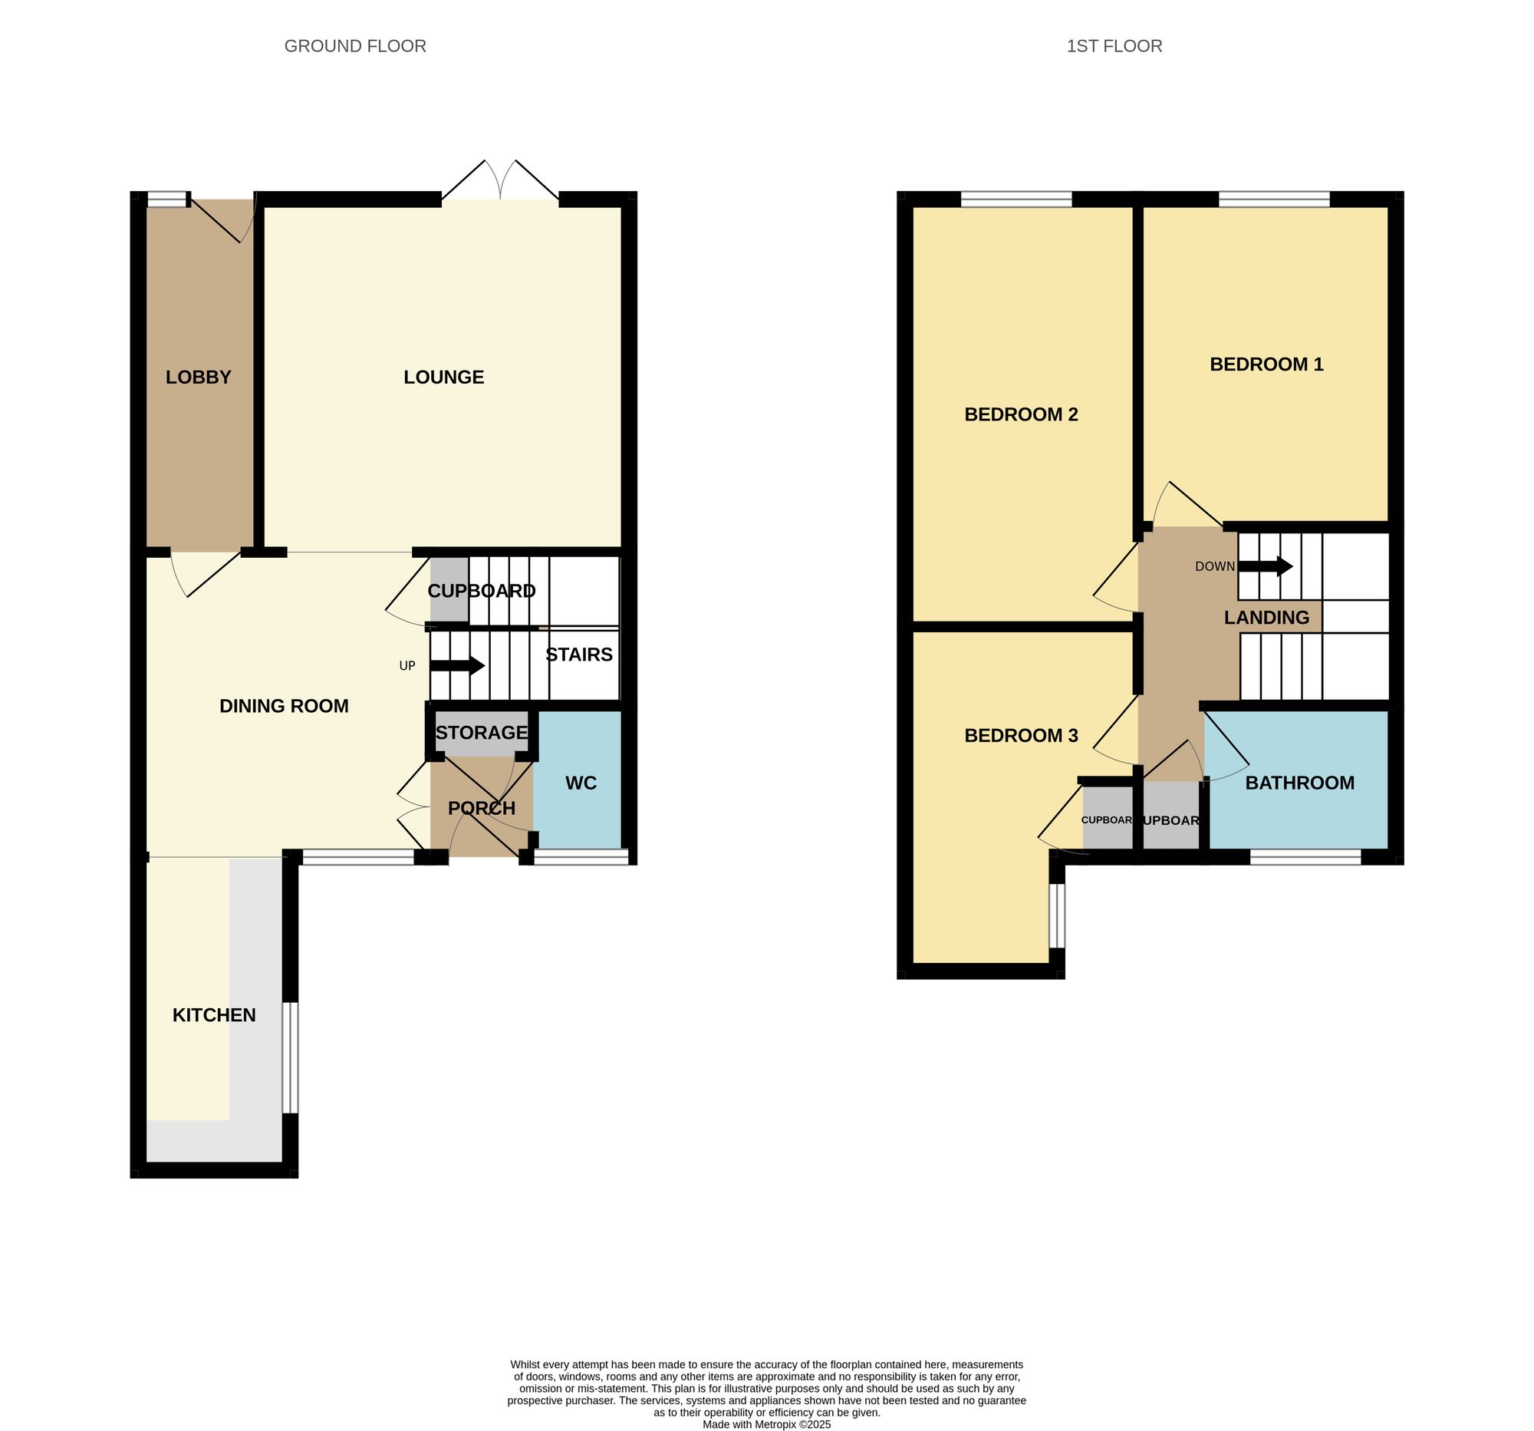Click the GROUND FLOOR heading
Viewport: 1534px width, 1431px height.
tap(355, 46)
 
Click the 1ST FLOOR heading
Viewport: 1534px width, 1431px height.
tap(1114, 46)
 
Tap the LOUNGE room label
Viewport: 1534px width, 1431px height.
tap(443, 378)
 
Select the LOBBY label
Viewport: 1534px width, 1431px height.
tap(199, 378)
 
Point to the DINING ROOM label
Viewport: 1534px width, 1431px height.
tap(284, 705)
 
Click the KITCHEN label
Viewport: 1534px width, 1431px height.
tap(214, 1015)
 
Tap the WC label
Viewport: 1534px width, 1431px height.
tap(581, 783)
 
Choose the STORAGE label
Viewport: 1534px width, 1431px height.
tap(482, 733)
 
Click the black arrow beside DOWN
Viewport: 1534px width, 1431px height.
tap(1266, 565)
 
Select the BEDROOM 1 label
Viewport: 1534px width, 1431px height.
tap(1266, 364)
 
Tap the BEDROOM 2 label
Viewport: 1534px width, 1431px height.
tap(1021, 414)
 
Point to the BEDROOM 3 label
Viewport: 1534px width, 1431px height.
tap(1021, 736)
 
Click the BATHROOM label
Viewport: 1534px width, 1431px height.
tap(1299, 783)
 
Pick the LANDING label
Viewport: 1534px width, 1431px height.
tap(1266, 618)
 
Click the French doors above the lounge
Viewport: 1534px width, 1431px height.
tap(500, 185)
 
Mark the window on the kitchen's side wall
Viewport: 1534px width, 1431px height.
tap(290, 1057)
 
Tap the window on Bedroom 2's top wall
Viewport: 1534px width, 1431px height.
tap(1016, 200)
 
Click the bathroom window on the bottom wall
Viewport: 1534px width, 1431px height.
tap(1305, 857)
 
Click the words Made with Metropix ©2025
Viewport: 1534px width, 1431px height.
tap(766, 1424)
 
